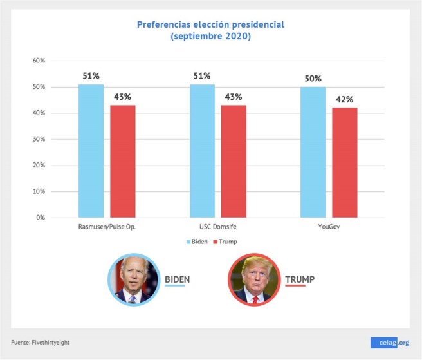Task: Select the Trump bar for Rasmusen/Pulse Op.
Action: click(x=122, y=161)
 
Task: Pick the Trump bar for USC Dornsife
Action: click(x=234, y=161)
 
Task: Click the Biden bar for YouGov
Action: click(x=313, y=152)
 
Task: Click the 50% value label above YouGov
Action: click(x=313, y=78)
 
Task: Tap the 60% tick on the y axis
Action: click(x=39, y=61)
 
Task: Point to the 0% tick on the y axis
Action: click(x=41, y=218)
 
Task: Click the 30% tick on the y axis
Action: click(x=39, y=139)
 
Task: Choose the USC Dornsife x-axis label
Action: click(x=217, y=227)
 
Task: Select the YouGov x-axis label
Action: click(x=329, y=227)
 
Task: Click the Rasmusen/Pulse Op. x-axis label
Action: click(x=106, y=227)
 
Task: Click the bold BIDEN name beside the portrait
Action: click(x=178, y=279)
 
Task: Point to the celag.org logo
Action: click(x=390, y=343)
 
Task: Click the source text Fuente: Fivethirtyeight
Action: click(x=40, y=342)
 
